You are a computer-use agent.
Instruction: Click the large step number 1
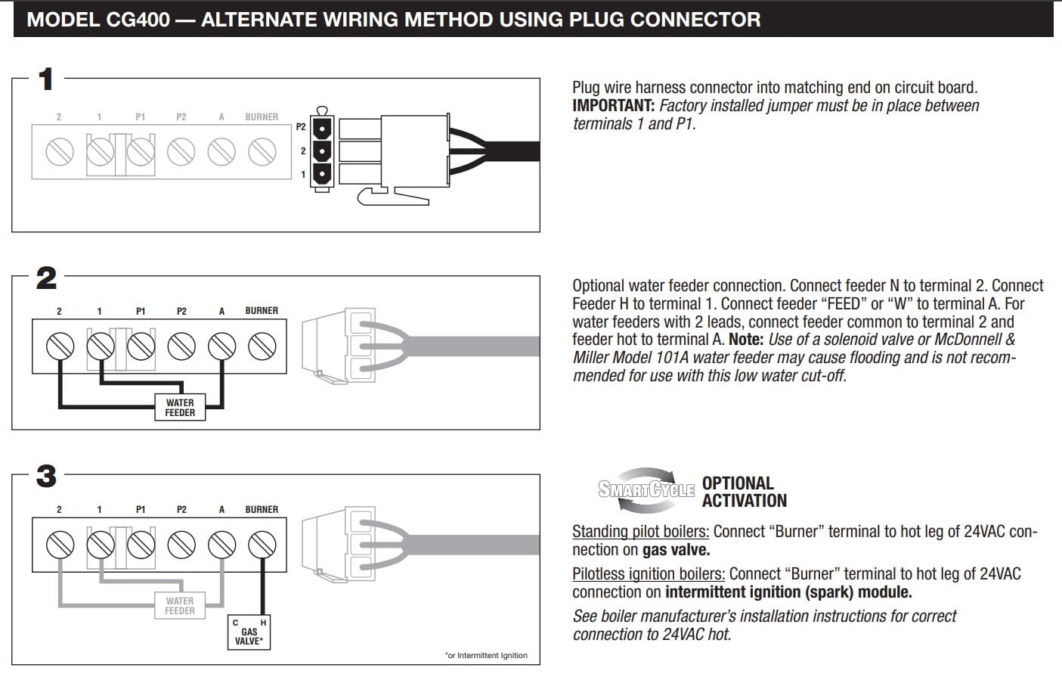(x=46, y=79)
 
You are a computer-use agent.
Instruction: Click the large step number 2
(x=46, y=278)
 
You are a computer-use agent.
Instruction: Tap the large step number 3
(x=46, y=477)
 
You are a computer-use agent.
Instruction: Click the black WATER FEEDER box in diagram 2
(x=180, y=408)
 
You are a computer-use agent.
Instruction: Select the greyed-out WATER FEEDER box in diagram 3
(x=180, y=606)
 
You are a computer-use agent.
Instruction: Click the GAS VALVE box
(x=249, y=632)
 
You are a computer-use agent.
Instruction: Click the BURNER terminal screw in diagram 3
(x=262, y=545)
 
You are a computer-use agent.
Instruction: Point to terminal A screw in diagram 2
(x=221, y=346)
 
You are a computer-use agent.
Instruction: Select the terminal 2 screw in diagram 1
(x=60, y=152)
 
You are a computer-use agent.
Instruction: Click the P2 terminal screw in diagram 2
(x=181, y=346)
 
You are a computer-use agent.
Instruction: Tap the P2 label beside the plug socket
(x=301, y=127)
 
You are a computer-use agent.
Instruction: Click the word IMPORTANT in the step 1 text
(x=613, y=106)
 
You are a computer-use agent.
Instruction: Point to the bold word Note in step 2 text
(x=745, y=340)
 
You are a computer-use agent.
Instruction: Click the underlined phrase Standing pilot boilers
(x=640, y=532)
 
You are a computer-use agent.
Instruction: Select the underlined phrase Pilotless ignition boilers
(x=649, y=574)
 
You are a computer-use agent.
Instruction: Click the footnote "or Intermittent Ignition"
(x=486, y=655)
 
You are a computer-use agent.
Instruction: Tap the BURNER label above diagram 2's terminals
(x=262, y=311)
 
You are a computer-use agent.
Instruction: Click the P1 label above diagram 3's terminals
(x=141, y=510)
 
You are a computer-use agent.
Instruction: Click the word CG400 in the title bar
(x=138, y=19)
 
